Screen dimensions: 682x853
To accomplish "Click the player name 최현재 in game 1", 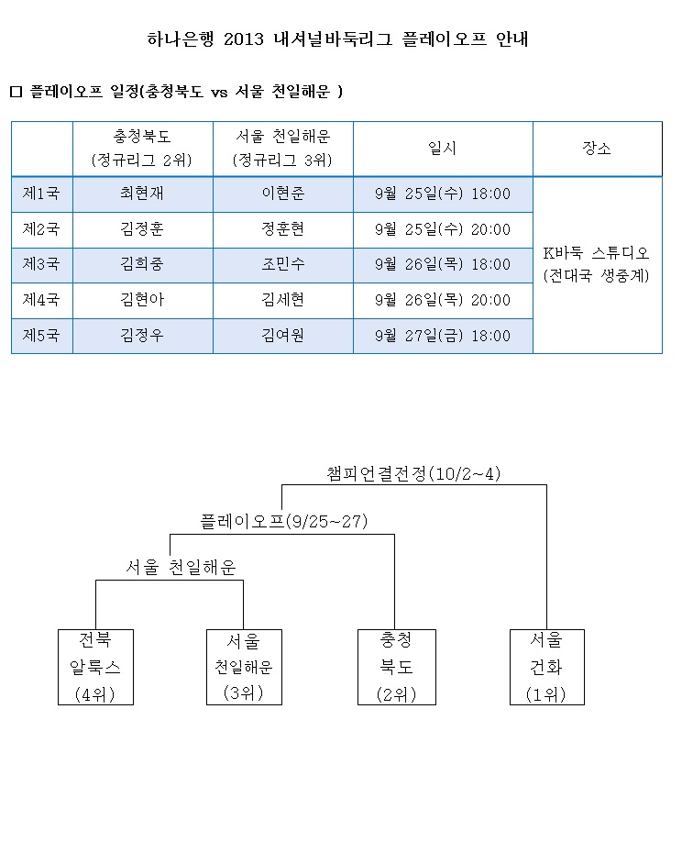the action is click(x=142, y=194).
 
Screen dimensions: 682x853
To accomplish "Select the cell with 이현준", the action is click(x=283, y=194).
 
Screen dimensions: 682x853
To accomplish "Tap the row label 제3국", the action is click(x=40, y=264).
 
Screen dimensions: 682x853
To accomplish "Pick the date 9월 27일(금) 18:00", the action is click(x=443, y=336).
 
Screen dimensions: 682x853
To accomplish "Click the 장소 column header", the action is click(x=597, y=148).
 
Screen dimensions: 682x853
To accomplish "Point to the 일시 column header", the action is click(x=442, y=148).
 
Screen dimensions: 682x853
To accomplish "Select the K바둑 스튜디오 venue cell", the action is click(x=597, y=264).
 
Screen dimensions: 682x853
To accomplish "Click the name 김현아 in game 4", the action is click(x=142, y=300).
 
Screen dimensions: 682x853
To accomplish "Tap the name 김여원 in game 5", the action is click(x=283, y=336).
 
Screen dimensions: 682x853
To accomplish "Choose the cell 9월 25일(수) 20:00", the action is click(x=443, y=229).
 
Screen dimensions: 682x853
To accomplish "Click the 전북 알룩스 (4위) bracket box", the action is click(x=95, y=667).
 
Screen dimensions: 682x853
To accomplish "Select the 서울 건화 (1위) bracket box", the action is click(x=546, y=667).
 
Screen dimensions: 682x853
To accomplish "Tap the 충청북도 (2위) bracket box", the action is click(x=397, y=667).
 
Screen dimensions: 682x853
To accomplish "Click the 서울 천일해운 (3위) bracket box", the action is click(x=244, y=667).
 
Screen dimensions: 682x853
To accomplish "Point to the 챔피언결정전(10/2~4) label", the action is click(x=413, y=474).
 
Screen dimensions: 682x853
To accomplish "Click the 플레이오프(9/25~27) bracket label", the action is click(x=284, y=522).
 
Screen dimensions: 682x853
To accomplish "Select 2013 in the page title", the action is click(x=244, y=39).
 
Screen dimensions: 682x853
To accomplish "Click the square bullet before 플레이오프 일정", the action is click(x=16, y=92).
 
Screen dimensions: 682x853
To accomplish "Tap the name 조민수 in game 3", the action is click(x=283, y=264).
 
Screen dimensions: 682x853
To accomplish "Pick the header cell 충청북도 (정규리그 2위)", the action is click(x=142, y=149).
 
